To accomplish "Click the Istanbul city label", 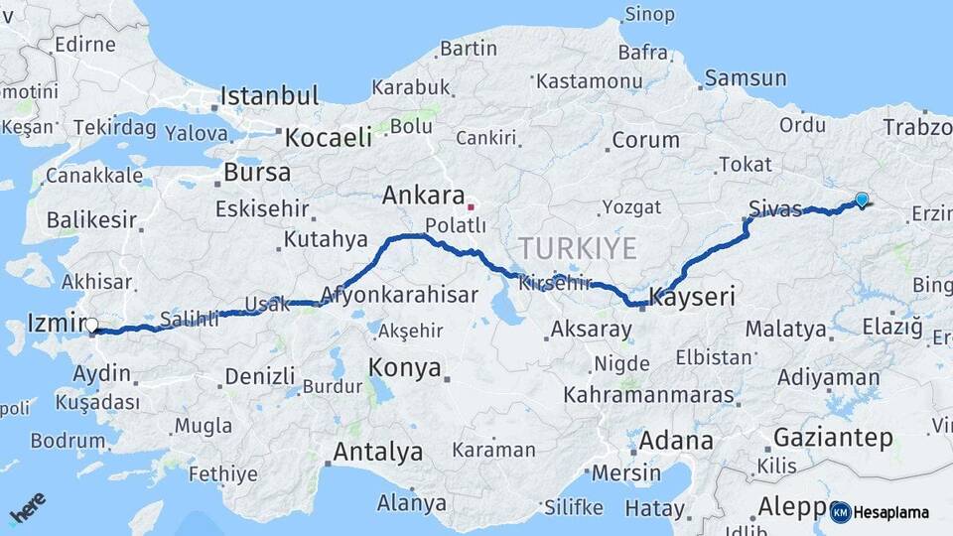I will coord(269,96).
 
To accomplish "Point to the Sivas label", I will coord(775,208).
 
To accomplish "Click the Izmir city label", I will coord(53,325).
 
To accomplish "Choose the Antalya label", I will coord(377,452).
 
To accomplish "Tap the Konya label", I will coord(404,367).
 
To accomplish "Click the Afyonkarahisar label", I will coord(399,295).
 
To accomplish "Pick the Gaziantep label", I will coord(832,437).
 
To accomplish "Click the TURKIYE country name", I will coord(577,248).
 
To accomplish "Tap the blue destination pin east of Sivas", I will coord(861,200).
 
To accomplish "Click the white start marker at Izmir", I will coord(91,325).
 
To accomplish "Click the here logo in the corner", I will coord(27,510).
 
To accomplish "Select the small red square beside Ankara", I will coord(472,207).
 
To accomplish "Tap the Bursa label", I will coord(257,172).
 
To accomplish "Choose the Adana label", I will coord(676,440).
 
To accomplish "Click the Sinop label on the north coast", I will coord(649,14).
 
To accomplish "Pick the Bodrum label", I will coord(68,440).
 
